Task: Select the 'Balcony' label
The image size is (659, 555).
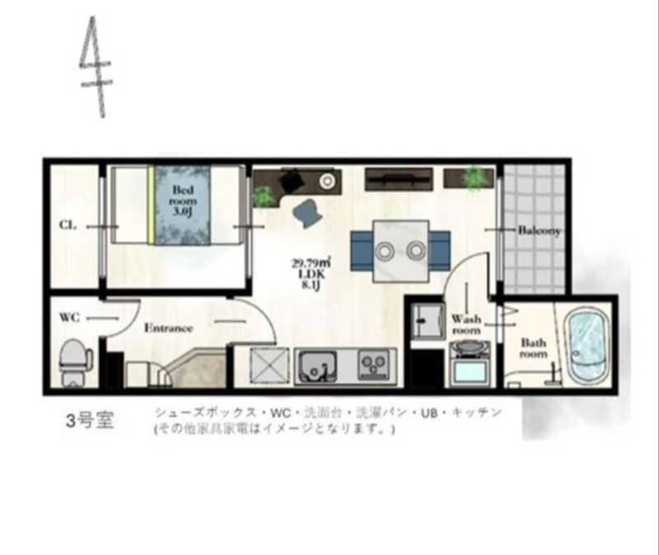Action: point(539,232)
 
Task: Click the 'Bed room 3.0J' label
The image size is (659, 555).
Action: point(180,200)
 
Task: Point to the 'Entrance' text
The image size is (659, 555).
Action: point(168,327)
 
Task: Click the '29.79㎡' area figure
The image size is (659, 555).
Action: point(306,264)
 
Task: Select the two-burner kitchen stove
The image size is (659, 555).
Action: point(373,364)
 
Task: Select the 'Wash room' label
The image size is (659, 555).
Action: point(465,323)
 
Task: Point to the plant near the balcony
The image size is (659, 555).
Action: point(474,177)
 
